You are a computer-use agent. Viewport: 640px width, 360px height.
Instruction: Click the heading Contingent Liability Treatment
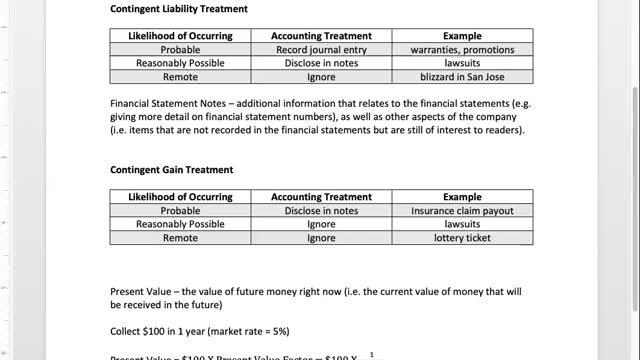click(178, 9)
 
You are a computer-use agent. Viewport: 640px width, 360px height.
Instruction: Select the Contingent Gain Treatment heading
click(171, 169)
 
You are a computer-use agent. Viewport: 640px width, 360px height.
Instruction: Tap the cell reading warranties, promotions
click(463, 48)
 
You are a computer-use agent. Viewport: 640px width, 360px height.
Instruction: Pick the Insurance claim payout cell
click(463, 211)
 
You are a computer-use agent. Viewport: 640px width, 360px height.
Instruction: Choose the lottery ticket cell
click(463, 239)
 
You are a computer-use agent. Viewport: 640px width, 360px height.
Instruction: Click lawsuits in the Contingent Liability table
click(463, 62)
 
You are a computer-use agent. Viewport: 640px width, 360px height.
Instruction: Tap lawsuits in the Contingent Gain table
click(463, 225)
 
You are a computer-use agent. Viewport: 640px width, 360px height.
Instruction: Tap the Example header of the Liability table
click(463, 35)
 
